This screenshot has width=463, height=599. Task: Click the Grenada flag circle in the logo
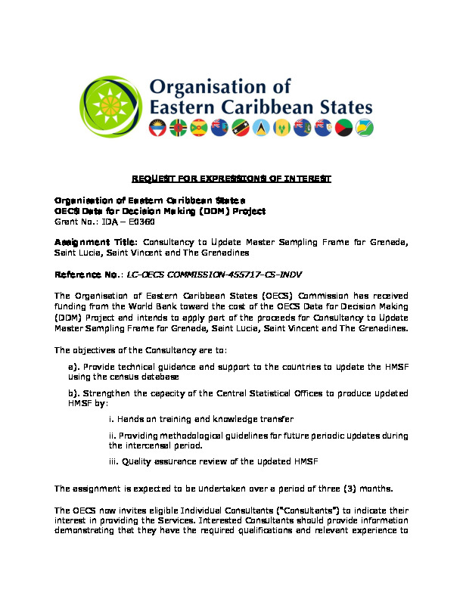pyautogui.click(x=199, y=127)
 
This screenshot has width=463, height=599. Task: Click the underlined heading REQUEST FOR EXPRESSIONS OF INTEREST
pyautogui.click(x=231, y=178)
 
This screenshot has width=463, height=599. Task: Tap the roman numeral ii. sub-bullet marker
pyautogui.click(x=112, y=436)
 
